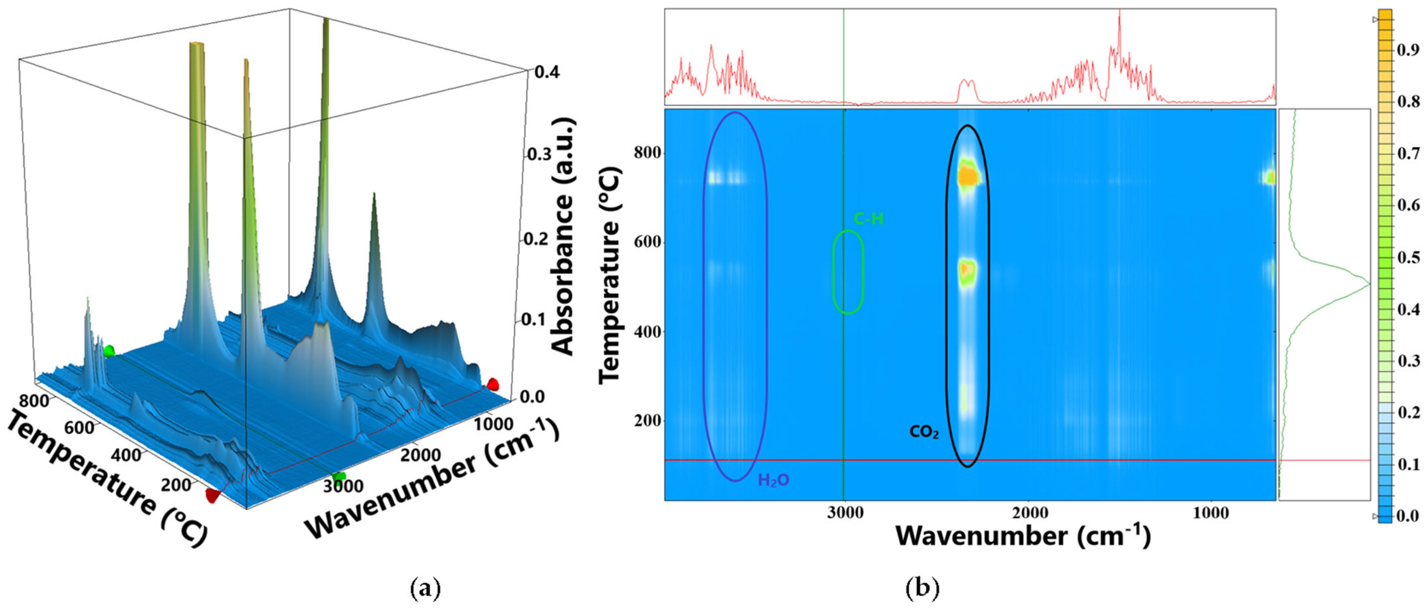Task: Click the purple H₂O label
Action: pyautogui.click(x=773, y=480)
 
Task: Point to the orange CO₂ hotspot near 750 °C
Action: pyautogui.click(x=967, y=177)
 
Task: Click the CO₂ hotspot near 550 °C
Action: pyautogui.click(x=967, y=270)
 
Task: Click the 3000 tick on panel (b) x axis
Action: pyautogui.click(x=844, y=512)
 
